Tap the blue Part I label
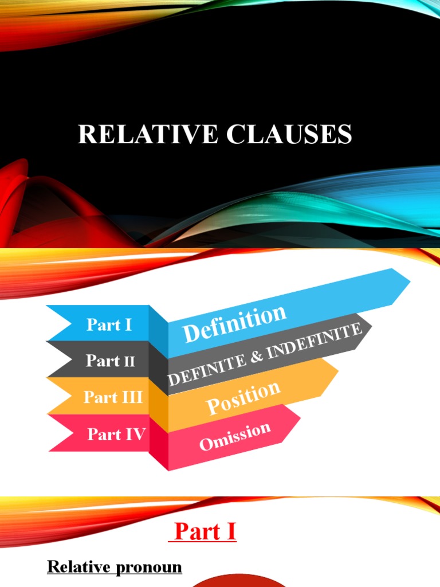(109, 325)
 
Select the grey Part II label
(110, 361)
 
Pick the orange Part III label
(113, 397)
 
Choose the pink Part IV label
(116, 434)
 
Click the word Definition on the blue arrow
(234, 324)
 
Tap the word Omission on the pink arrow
(235, 436)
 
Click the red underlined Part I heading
(205, 532)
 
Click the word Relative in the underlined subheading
(78, 568)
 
